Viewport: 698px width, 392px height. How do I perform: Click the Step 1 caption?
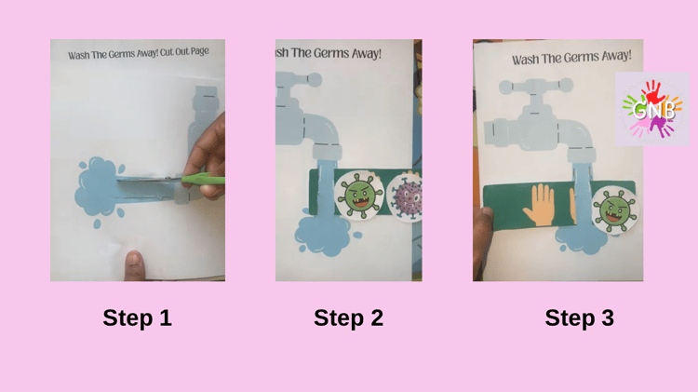(x=137, y=318)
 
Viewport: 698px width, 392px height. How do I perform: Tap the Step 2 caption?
(x=348, y=318)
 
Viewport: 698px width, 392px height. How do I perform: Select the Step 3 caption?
(x=579, y=318)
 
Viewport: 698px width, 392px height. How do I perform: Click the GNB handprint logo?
(x=651, y=109)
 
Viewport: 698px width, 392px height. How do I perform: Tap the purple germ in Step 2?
(x=406, y=196)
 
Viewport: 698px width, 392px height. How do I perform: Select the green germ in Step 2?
(x=359, y=196)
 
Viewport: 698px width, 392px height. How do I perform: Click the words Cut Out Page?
(x=184, y=51)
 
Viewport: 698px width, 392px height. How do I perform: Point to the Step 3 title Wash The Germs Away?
(x=571, y=58)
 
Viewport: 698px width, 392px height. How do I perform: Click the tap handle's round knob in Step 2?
(x=314, y=80)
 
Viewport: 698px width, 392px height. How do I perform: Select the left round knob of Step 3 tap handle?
(x=506, y=87)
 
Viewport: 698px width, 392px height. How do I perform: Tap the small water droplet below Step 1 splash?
(x=97, y=224)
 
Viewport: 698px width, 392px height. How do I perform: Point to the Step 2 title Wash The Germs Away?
(x=329, y=53)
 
